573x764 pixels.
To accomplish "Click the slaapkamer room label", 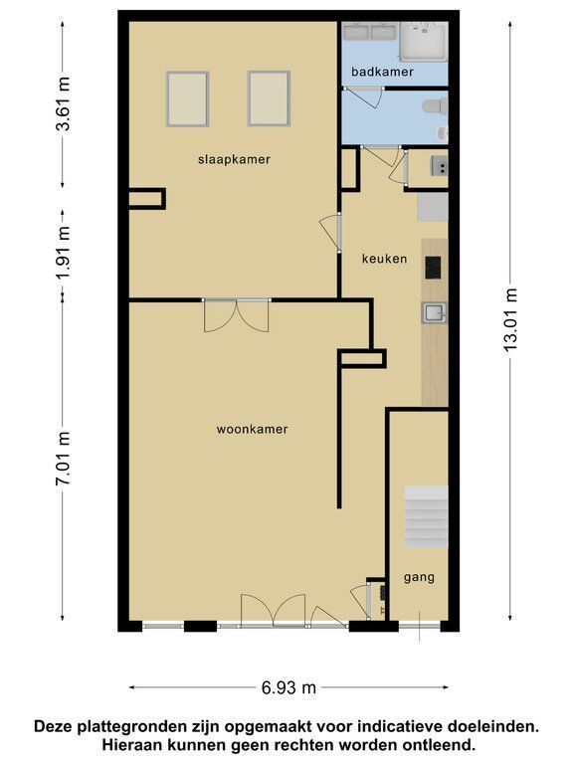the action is (x=234, y=159).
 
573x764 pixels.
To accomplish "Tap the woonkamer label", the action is (x=252, y=430).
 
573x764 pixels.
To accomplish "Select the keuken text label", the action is (x=384, y=259).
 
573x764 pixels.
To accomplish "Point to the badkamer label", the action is (x=382, y=72).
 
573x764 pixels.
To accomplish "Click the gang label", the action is (x=419, y=578).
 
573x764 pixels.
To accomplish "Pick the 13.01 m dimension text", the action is (x=510, y=319).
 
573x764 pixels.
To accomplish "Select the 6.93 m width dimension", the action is (x=288, y=687).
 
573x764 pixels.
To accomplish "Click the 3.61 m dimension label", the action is (x=63, y=103).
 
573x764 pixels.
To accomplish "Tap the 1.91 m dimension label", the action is (x=63, y=253).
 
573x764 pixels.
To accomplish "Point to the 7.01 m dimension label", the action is (x=63, y=459).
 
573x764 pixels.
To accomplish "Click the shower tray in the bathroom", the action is (x=424, y=42).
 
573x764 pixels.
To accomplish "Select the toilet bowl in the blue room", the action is (x=435, y=106).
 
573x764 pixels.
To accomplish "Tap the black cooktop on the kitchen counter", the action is (x=433, y=268).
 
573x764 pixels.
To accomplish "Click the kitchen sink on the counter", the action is (x=434, y=312).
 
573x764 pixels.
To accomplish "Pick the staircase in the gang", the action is (x=426, y=516).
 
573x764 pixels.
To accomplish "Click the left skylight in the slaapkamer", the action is (x=188, y=98).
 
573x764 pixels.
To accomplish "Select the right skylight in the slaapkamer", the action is (x=269, y=98).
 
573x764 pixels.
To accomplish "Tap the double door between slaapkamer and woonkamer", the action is (x=237, y=315).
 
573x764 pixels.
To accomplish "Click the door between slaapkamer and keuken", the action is (x=331, y=233).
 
